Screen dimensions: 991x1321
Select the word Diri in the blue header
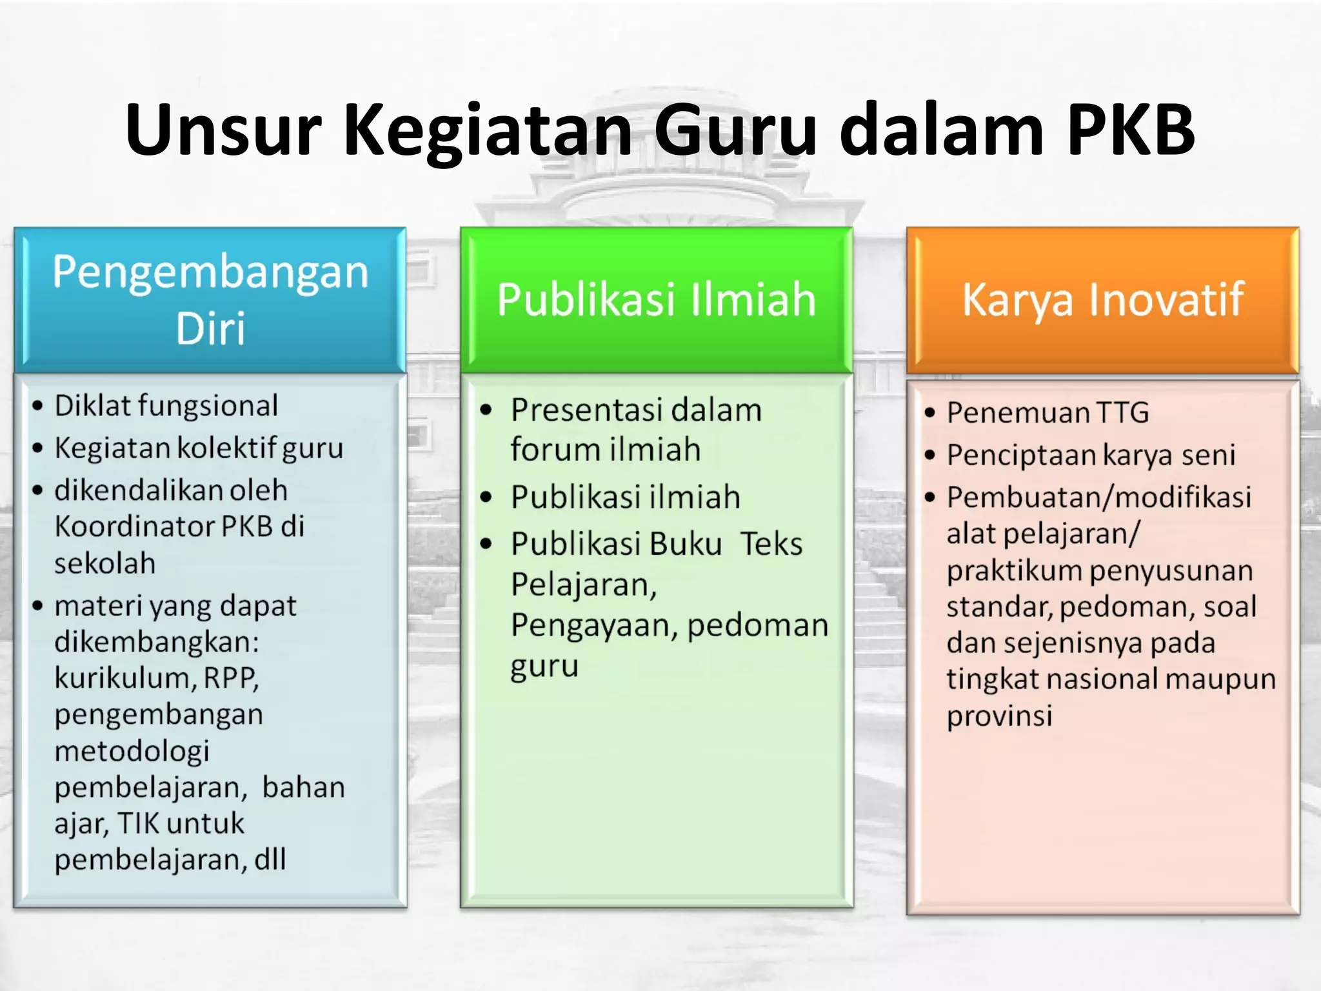(x=210, y=328)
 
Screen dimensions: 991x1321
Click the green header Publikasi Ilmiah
(x=657, y=299)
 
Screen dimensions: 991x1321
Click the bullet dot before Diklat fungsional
(x=38, y=406)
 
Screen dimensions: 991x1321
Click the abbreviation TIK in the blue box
(x=138, y=823)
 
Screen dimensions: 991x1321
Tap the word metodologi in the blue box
(x=132, y=751)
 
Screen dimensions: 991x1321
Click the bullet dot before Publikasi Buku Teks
(x=486, y=544)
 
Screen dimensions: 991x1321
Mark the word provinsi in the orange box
(x=999, y=716)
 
